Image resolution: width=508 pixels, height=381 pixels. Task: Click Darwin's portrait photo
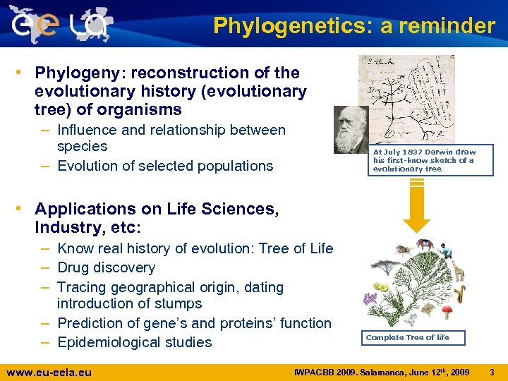351,130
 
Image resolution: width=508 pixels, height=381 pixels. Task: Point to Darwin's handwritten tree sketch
406,99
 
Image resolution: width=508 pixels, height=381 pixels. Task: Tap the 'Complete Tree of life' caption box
407,337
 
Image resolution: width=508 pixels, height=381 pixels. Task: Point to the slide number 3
492,370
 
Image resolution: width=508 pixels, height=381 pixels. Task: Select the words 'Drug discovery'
106,268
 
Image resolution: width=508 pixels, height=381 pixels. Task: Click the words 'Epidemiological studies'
134,343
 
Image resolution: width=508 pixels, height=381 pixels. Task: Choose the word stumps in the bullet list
178,304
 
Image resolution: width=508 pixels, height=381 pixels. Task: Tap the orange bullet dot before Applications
25,209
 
